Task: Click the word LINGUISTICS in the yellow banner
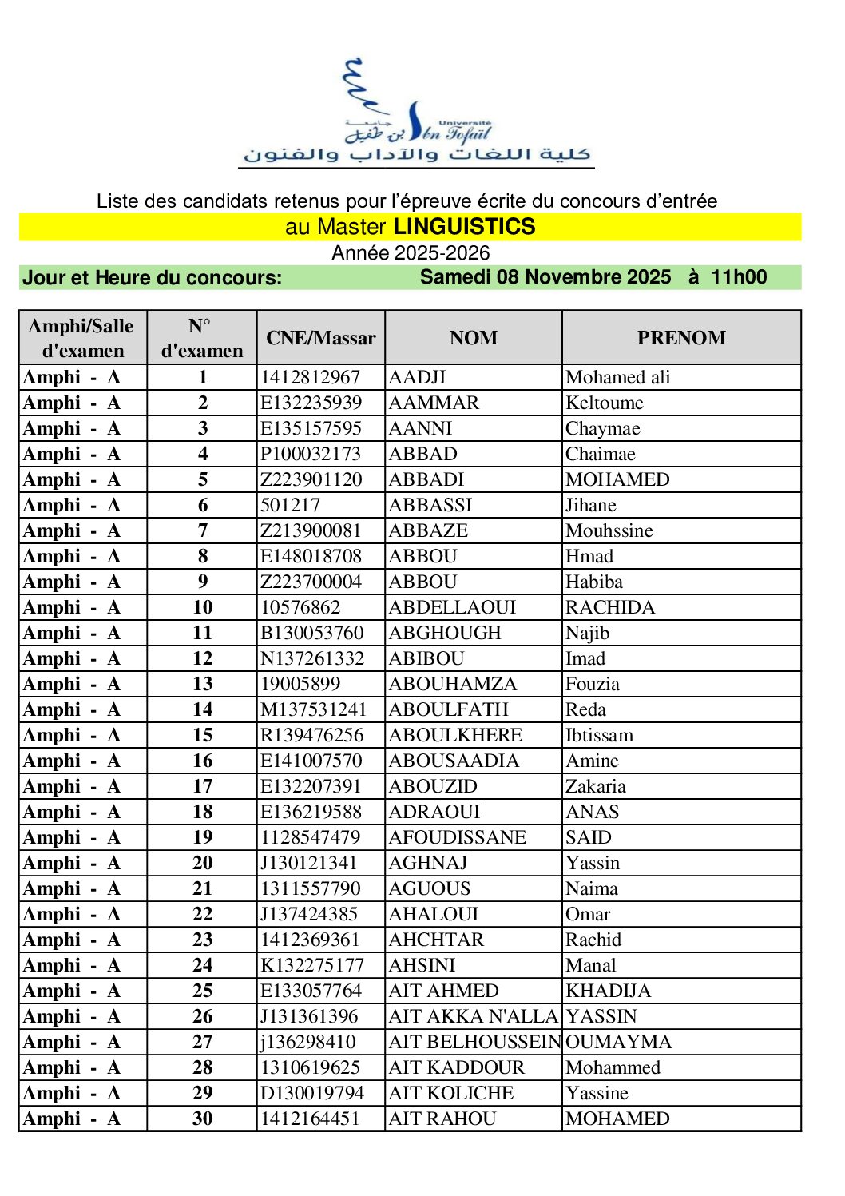tap(464, 227)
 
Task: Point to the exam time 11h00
tap(739, 277)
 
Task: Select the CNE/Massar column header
tap(321, 338)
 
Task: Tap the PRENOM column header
tap(681, 338)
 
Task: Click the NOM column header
tap(474, 338)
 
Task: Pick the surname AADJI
tap(417, 377)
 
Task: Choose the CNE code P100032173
tap(311, 454)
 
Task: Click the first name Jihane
tap(591, 505)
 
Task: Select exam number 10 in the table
tap(203, 607)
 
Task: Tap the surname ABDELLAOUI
tap(452, 607)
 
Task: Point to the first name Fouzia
tap(593, 684)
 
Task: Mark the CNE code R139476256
tap(312, 735)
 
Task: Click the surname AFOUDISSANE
tap(458, 837)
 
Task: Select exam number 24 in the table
tap(203, 965)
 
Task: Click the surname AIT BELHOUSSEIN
tap(474, 1042)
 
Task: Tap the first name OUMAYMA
tap(619, 1042)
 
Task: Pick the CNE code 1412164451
tap(311, 1119)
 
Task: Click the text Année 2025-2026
tap(411, 253)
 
